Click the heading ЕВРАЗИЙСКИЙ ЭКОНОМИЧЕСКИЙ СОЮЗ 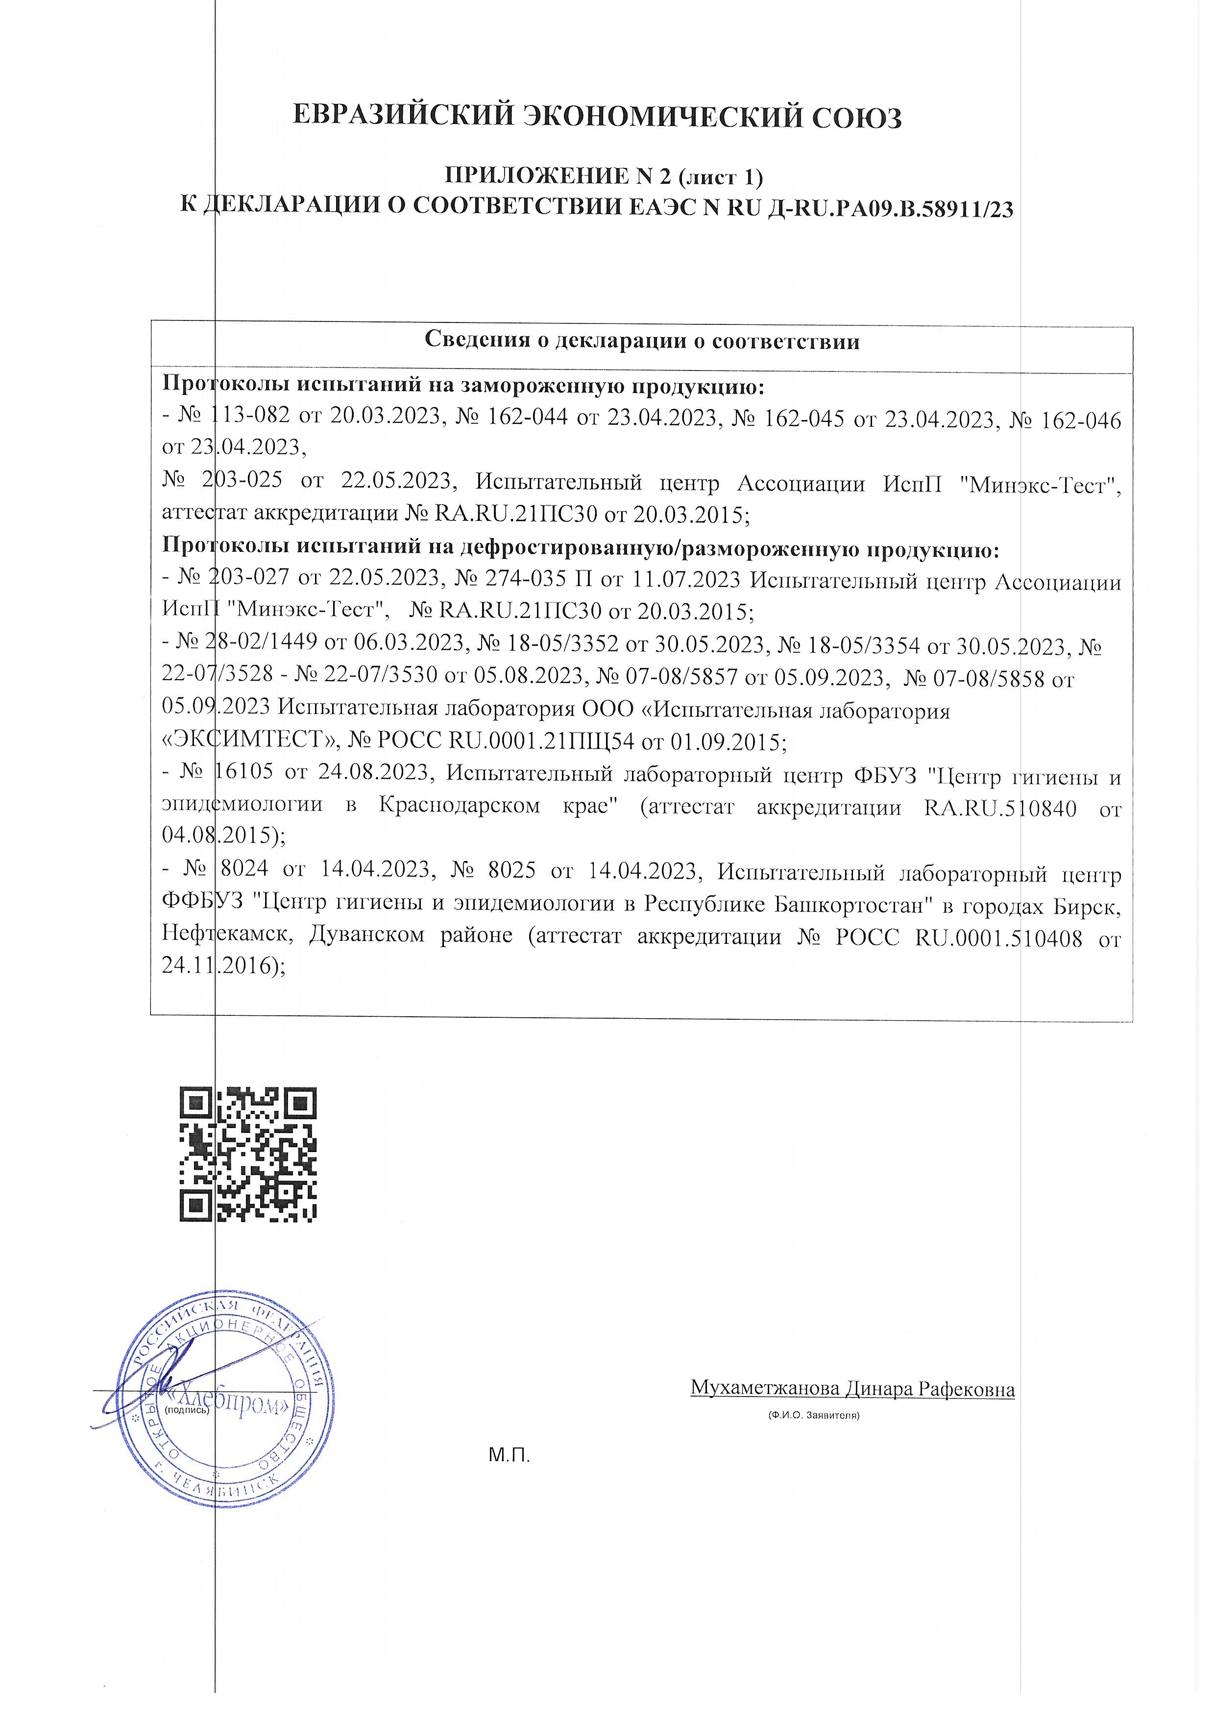point(596,118)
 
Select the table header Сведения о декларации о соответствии point(642,341)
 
